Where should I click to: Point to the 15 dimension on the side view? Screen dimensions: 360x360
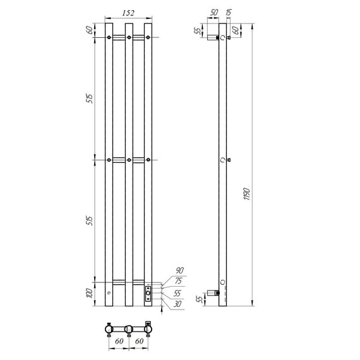227,12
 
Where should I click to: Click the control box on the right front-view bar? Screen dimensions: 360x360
148,292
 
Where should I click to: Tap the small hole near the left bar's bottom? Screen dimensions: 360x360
109,294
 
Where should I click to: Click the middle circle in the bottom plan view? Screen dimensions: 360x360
128,329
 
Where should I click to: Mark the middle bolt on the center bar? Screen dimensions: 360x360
128,160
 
